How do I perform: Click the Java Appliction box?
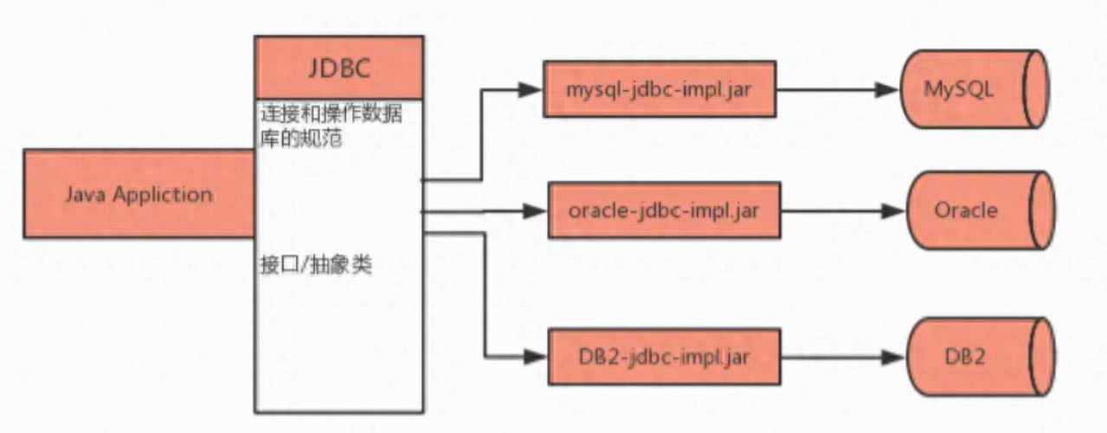pos(138,193)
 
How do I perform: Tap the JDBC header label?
pos(338,68)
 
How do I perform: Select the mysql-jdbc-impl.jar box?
pos(659,89)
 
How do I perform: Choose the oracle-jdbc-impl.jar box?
pos(664,210)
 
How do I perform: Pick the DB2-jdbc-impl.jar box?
pos(664,356)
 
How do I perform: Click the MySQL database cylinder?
pos(971,89)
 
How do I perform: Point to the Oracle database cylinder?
pos(978,210)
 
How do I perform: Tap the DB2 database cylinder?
pos(978,356)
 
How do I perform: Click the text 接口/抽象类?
pos(316,265)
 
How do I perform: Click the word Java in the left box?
pos(84,194)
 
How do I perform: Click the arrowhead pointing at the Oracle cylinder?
pos(893,210)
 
